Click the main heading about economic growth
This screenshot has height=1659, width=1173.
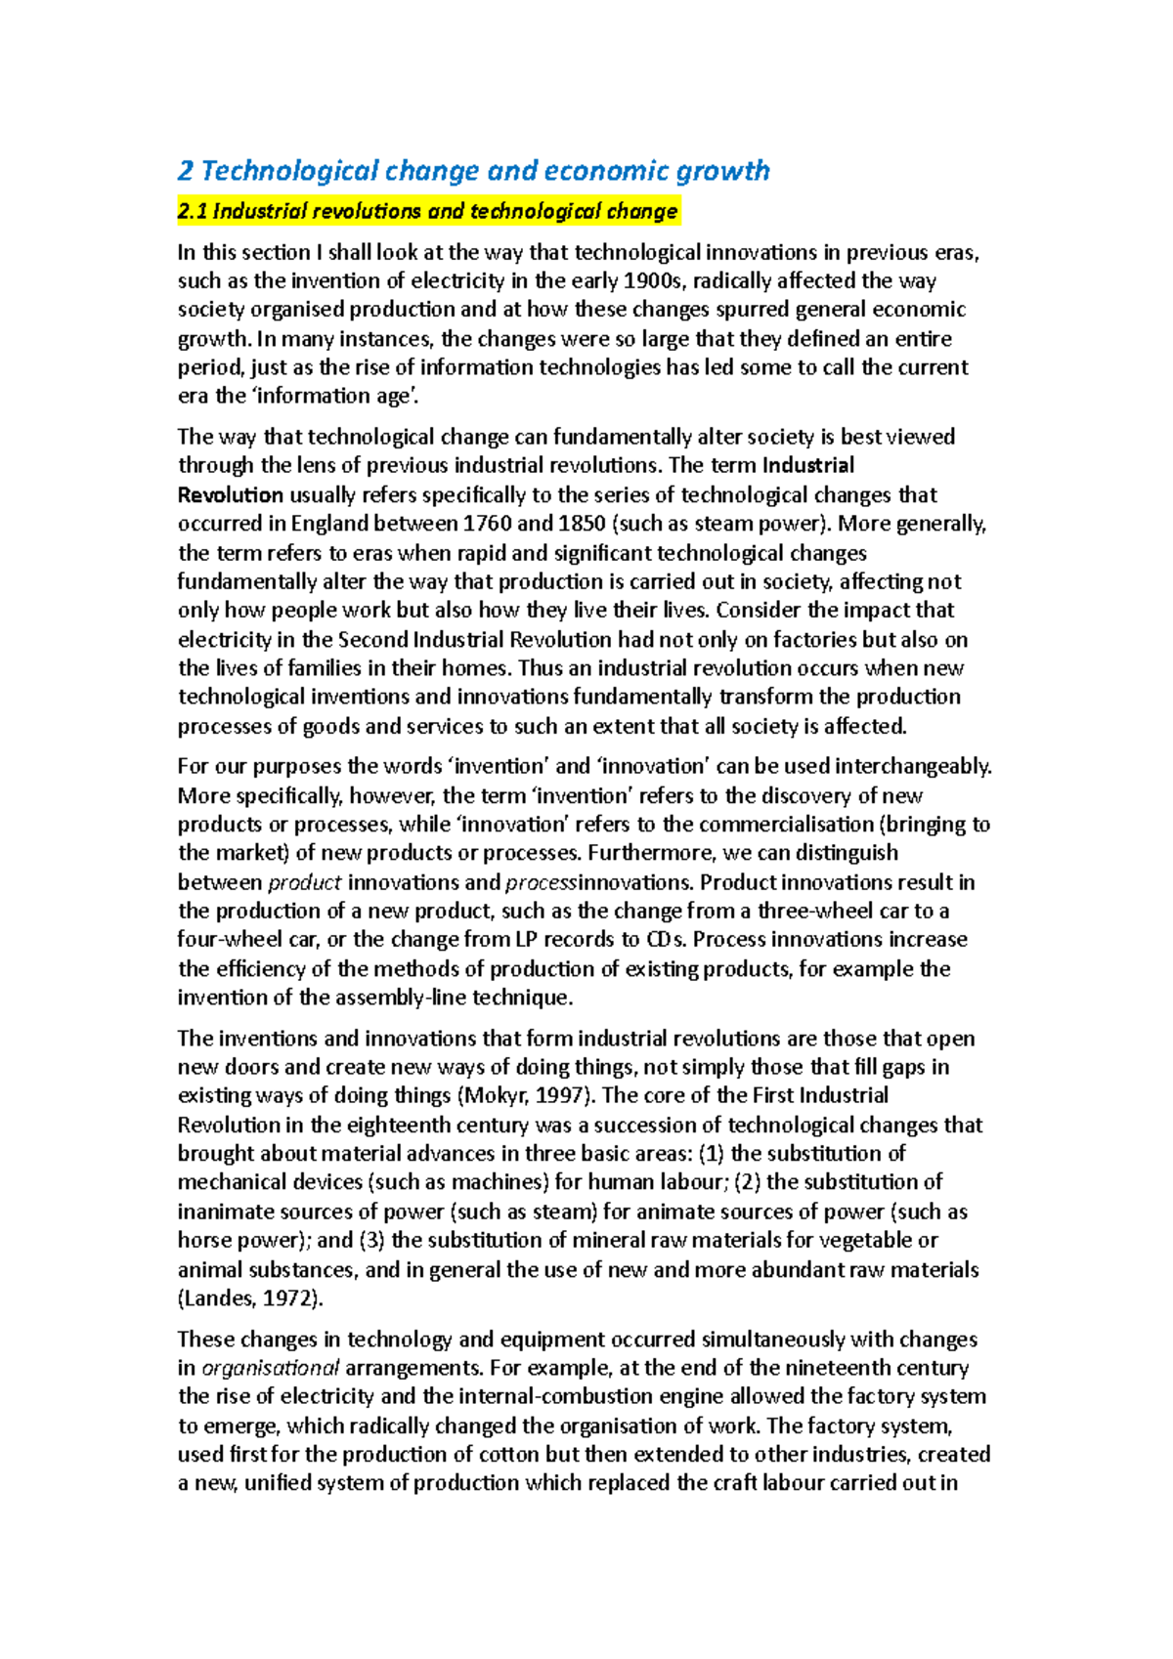point(473,171)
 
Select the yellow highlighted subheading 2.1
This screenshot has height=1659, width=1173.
point(427,211)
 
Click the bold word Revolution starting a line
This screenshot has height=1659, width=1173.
point(231,495)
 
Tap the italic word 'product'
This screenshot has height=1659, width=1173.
point(304,882)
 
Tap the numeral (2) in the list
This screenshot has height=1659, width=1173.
point(748,1182)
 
